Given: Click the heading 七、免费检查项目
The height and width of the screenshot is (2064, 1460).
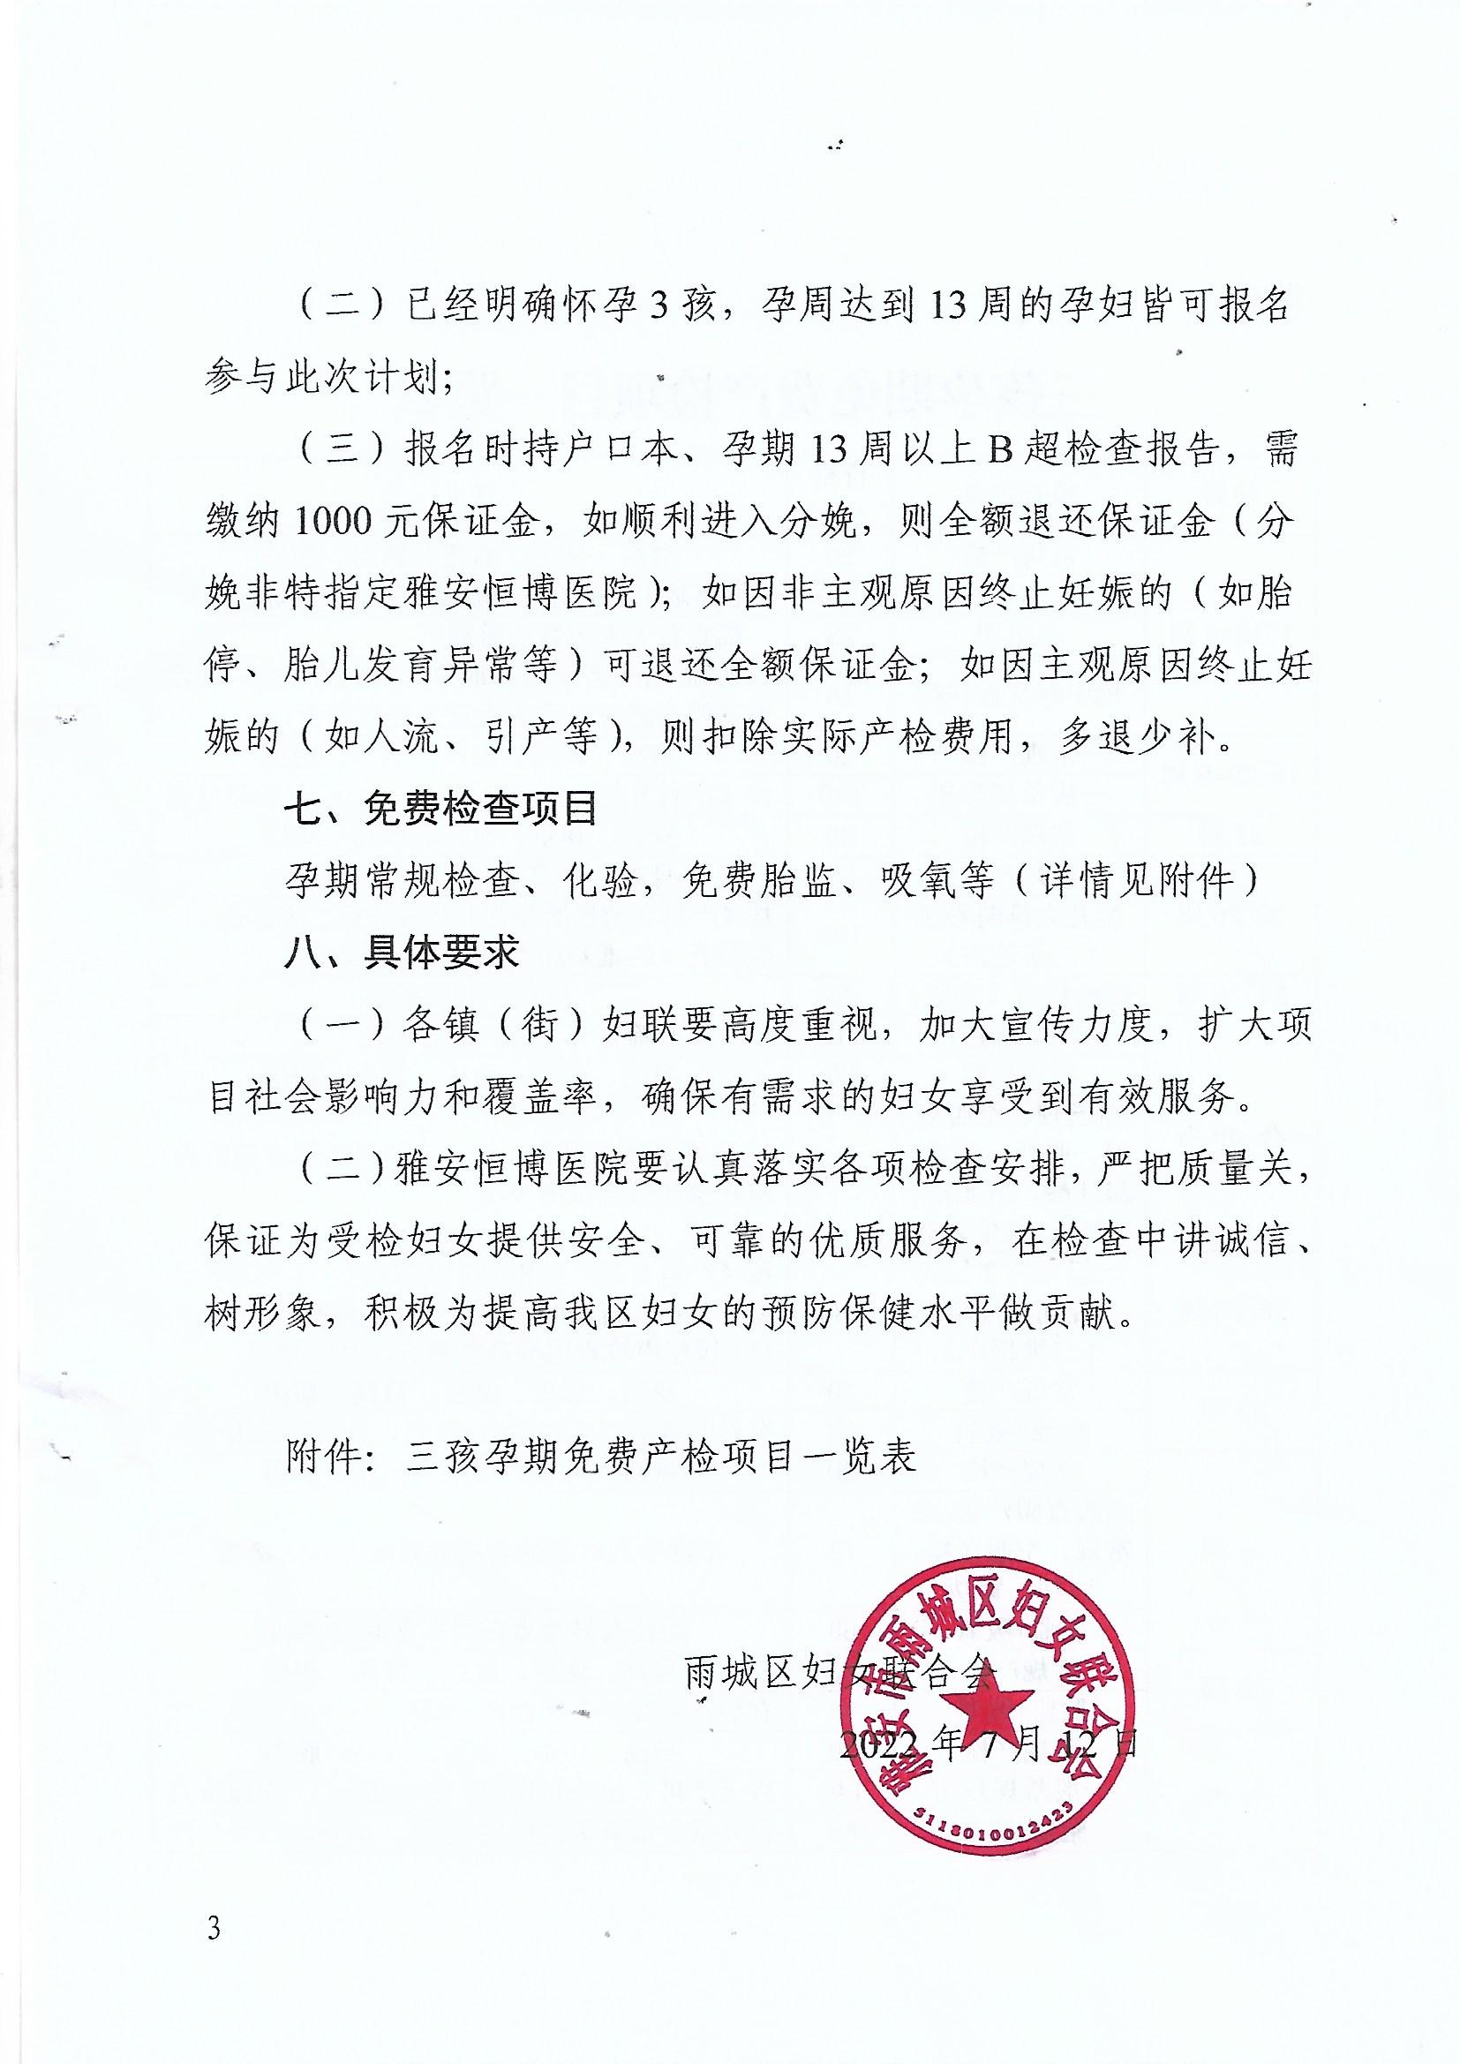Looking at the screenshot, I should [x=440, y=810].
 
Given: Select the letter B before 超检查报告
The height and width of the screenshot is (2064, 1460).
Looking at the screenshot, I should [x=1001, y=451].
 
